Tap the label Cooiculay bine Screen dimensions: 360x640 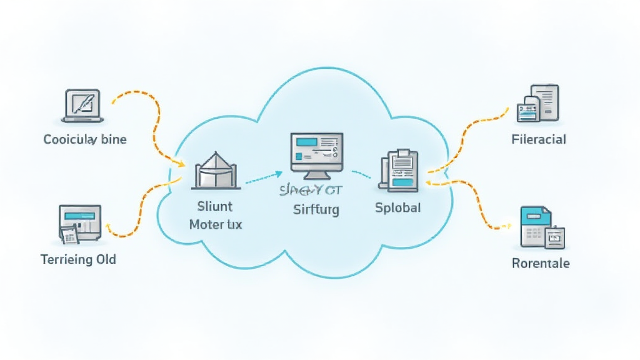coord(85,139)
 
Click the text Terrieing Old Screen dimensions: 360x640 coord(78,259)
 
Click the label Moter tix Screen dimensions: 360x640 coord(215,224)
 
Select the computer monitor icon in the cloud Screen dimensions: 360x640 coord(316,152)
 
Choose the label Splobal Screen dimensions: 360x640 coord(397,207)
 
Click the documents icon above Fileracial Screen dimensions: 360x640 coord(537,103)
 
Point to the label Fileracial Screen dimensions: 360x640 coord(538,139)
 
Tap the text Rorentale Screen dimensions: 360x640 coord(540,263)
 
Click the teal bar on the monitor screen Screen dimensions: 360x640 coord(307,142)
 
